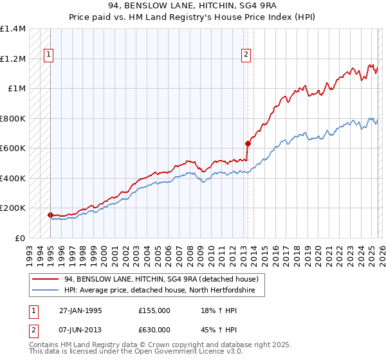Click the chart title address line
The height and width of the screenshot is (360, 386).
193,6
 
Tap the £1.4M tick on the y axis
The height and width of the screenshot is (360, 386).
13,29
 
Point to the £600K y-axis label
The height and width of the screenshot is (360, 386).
13,148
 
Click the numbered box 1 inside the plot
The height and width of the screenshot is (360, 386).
49,55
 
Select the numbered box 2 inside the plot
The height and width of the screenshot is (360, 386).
246,55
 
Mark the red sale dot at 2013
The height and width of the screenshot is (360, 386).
248,143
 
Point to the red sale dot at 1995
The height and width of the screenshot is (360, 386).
51,215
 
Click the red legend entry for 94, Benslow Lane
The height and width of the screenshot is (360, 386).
161,279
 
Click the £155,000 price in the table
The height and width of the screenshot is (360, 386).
154,310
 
